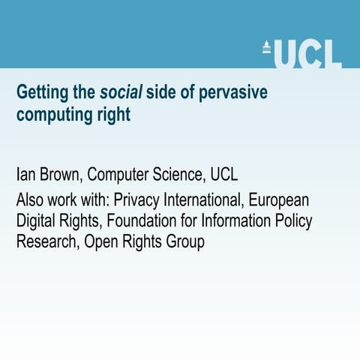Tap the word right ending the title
click(115, 117)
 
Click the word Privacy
click(136, 200)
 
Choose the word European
click(279, 200)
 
